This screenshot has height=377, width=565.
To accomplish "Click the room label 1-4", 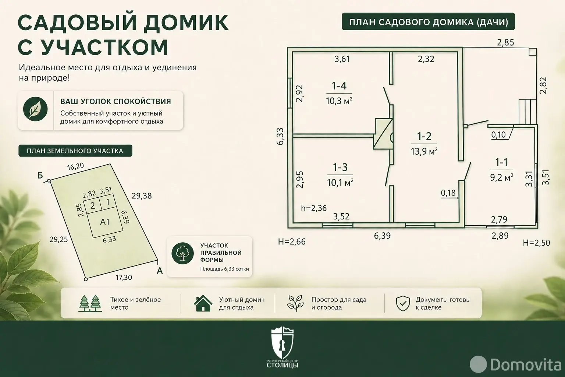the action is point(339,86).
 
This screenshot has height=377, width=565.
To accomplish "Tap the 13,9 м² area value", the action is point(424,151).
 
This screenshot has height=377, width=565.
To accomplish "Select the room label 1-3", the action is point(340,168).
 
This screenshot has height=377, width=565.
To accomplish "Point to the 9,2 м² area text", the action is point(501,177).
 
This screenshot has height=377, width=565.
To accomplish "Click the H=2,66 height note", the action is point(292,242).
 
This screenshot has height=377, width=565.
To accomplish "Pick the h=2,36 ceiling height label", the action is point(314,208).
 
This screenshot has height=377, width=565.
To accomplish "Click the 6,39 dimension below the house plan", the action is point(382,236).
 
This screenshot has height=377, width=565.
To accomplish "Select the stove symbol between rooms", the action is point(383,134).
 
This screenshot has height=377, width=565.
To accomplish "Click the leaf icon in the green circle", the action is point(35,109).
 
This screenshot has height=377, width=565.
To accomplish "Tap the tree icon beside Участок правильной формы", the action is point(182,253).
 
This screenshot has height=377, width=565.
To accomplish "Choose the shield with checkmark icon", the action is point(403,303).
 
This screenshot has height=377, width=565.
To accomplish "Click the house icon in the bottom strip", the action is point(203,303).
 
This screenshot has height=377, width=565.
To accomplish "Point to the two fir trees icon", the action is point(90,303).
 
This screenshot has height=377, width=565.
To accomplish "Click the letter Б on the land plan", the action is point(40,175).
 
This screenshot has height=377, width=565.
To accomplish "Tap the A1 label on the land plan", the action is point(105,222).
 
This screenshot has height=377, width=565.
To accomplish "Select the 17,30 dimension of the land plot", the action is point(124,278).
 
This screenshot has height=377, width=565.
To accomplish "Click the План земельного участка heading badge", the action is point(75,151).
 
